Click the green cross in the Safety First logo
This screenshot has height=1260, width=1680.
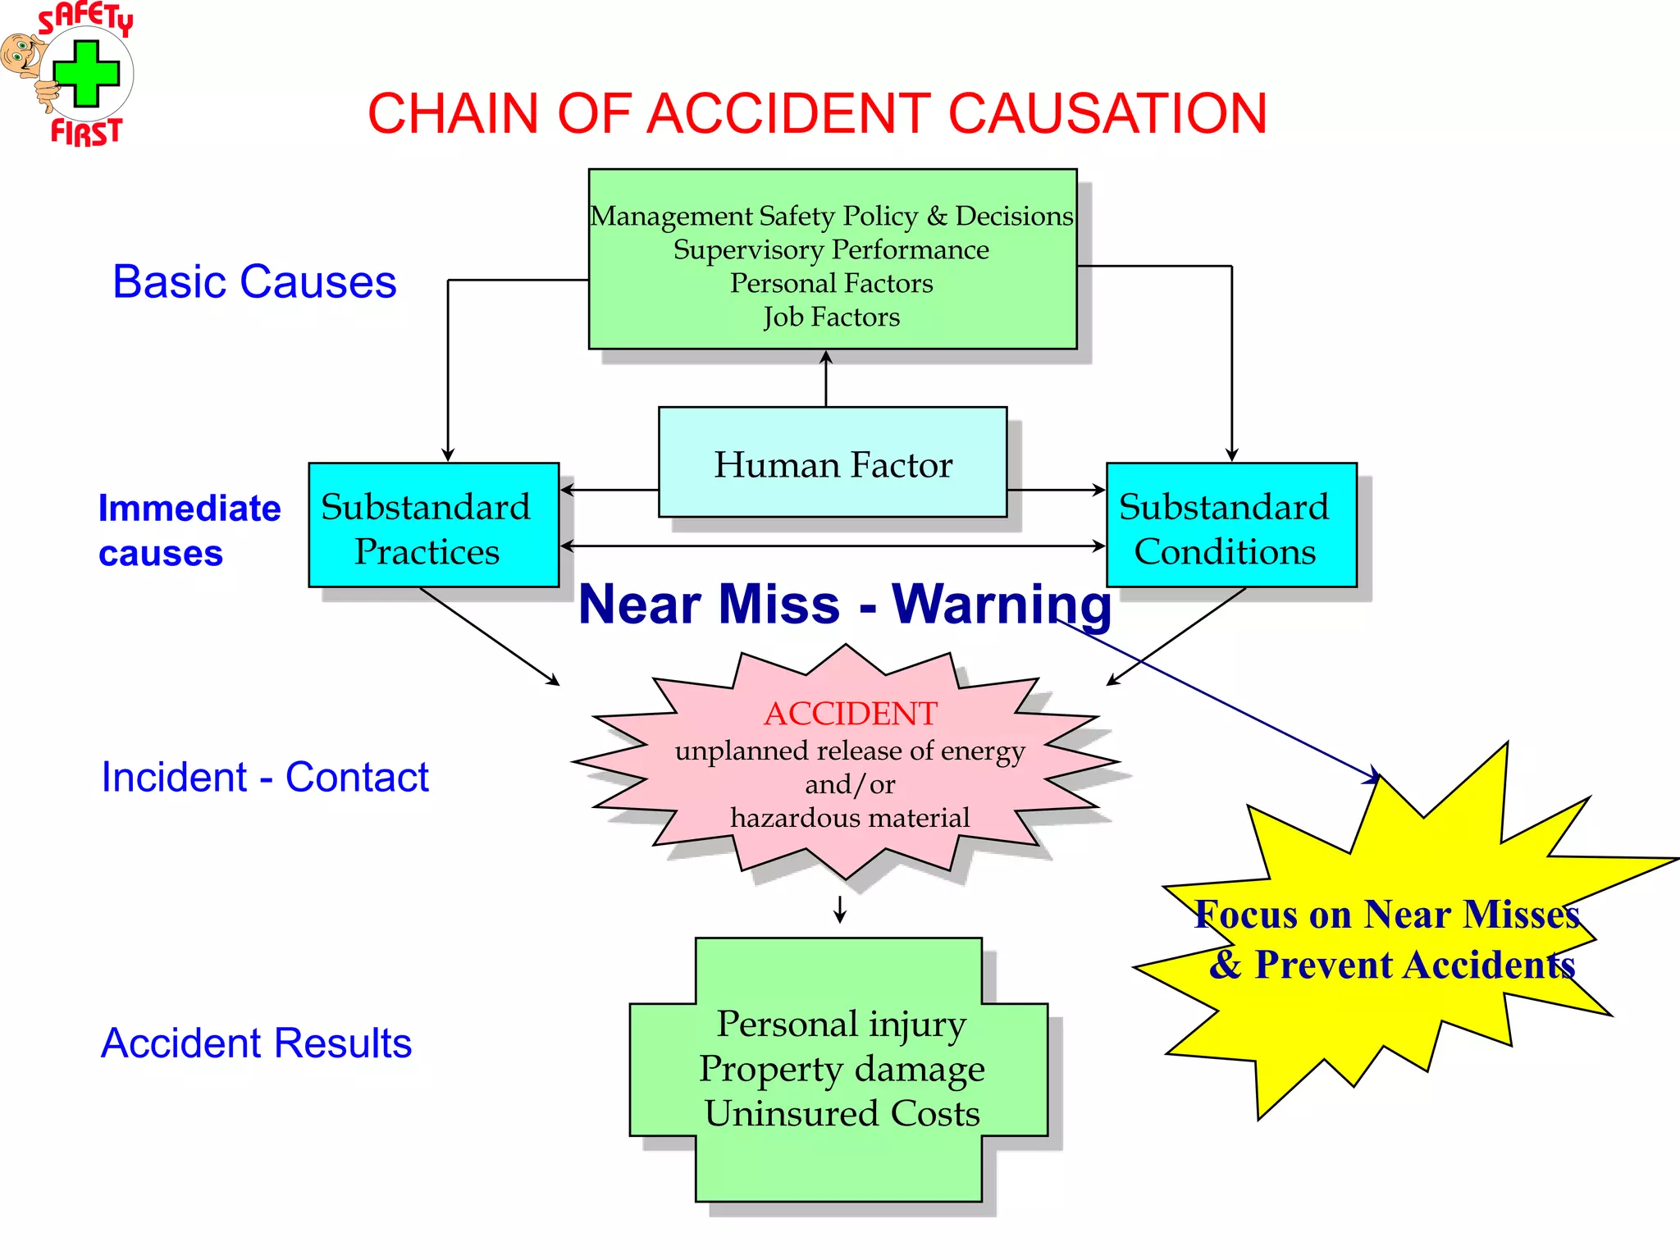click(x=86, y=75)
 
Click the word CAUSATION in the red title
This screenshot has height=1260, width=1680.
click(x=1107, y=113)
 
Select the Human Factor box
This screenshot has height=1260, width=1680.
click(x=833, y=463)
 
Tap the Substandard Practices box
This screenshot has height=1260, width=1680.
click(x=433, y=526)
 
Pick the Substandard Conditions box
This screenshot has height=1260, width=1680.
click(x=1230, y=526)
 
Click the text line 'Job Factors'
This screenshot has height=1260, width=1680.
click(x=832, y=317)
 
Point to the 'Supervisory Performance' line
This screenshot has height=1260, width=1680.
click(x=832, y=249)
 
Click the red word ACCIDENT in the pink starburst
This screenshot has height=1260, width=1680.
click(x=850, y=714)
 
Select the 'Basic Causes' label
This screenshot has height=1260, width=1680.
click(x=254, y=282)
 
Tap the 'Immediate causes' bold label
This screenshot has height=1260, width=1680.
click(x=189, y=530)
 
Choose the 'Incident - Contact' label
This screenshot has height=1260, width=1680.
click(x=264, y=777)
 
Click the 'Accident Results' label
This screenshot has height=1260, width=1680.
click(x=256, y=1043)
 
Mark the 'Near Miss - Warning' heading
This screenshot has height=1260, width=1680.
click(x=845, y=605)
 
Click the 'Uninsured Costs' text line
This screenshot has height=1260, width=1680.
click(x=842, y=1114)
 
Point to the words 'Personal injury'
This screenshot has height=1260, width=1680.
click(x=842, y=1024)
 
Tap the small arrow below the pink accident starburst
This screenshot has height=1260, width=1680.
click(x=840, y=910)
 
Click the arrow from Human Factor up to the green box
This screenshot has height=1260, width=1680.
click(x=826, y=377)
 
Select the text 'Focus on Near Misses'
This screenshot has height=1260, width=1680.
click(x=1386, y=915)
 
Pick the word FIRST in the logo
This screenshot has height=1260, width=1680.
click(x=86, y=132)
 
